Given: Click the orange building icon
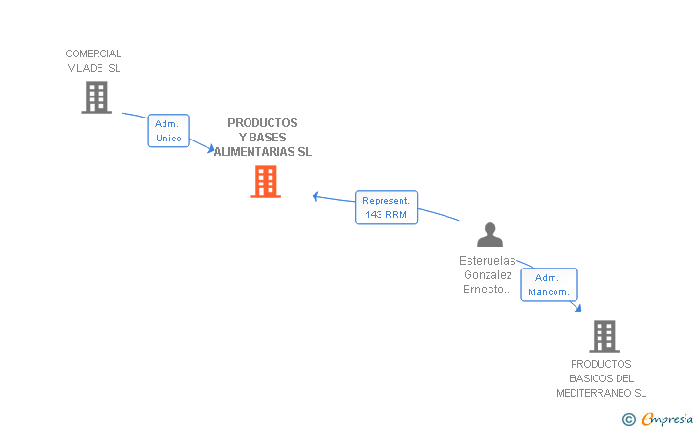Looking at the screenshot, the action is click(266, 182).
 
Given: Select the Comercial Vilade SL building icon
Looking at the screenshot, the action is click(96, 97).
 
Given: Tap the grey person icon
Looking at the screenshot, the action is click(489, 235).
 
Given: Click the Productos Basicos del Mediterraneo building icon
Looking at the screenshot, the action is click(603, 336).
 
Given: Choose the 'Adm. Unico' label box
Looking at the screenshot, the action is click(169, 131).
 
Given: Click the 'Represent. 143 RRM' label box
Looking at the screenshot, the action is click(386, 207).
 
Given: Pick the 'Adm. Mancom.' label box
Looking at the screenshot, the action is click(549, 285).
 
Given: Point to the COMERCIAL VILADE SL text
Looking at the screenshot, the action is click(94, 60).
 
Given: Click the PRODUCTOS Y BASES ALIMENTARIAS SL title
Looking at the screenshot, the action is click(263, 138).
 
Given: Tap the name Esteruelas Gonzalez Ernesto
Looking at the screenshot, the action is click(487, 275).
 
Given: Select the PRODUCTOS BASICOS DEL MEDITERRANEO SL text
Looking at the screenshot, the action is click(601, 378).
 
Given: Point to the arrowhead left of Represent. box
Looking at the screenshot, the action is click(316, 197).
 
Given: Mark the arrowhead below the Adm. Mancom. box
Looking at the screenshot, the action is click(576, 307).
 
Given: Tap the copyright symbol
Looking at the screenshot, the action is click(628, 419).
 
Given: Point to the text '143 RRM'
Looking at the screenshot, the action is click(386, 215).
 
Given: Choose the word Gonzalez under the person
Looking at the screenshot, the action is click(487, 275).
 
